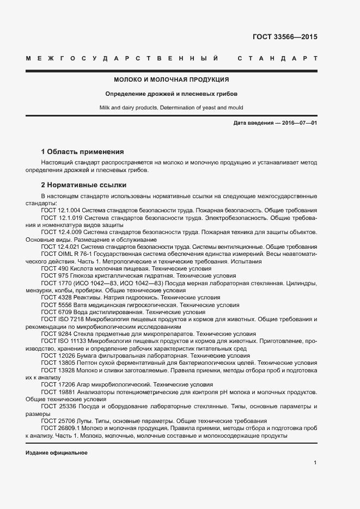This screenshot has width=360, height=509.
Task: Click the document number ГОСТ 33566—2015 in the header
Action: pyautogui.click(x=285, y=38)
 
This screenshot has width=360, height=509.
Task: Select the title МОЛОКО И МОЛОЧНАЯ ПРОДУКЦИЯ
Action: pyautogui.click(x=171, y=79)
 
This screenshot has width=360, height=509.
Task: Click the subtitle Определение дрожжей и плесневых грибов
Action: pyautogui.click(x=171, y=94)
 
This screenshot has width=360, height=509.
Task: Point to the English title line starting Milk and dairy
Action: pyautogui.click(x=171, y=108)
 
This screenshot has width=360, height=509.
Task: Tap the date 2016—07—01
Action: pyautogui.click(x=299, y=123)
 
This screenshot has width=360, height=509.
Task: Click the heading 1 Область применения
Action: pyautogui.click(x=83, y=152)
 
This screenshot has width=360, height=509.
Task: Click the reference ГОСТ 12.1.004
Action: pyautogui.click(x=60, y=210)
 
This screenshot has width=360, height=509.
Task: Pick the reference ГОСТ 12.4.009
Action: pyautogui.click(x=60, y=232)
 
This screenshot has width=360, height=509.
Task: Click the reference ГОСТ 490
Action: pyautogui.click(x=54, y=269)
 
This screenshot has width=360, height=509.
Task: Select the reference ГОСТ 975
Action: pyautogui.click(x=54, y=276)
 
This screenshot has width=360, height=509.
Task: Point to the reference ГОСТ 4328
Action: pyautogui.click(x=56, y=298)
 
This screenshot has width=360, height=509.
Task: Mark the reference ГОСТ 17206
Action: pyautogui.click(x=58, y=384)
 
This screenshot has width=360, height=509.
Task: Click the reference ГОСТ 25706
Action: pyautogui.click(x=58, y=421)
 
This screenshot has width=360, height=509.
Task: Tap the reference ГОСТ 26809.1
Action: pyautogui.click(x=62, y=428)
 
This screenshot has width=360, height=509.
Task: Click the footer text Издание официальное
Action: pyautogui.click(x=57, y=453)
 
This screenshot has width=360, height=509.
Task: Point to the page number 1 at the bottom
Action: pyautogui.click(x=315, y=463)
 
